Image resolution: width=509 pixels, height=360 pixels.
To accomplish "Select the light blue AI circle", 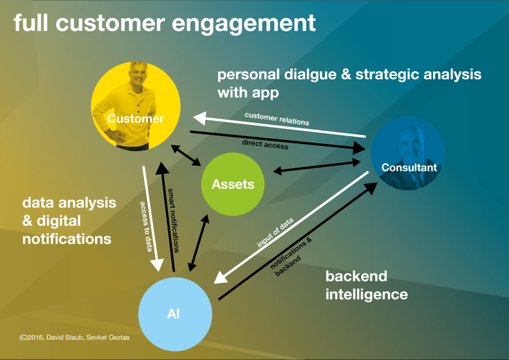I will pyautogui.click(x=174, y=314).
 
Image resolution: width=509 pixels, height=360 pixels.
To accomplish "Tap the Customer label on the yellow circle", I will pyautogui.click(x=135, y=118).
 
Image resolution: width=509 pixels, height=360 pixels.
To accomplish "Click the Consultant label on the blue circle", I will pyautogui.click(x=410, y=168).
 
